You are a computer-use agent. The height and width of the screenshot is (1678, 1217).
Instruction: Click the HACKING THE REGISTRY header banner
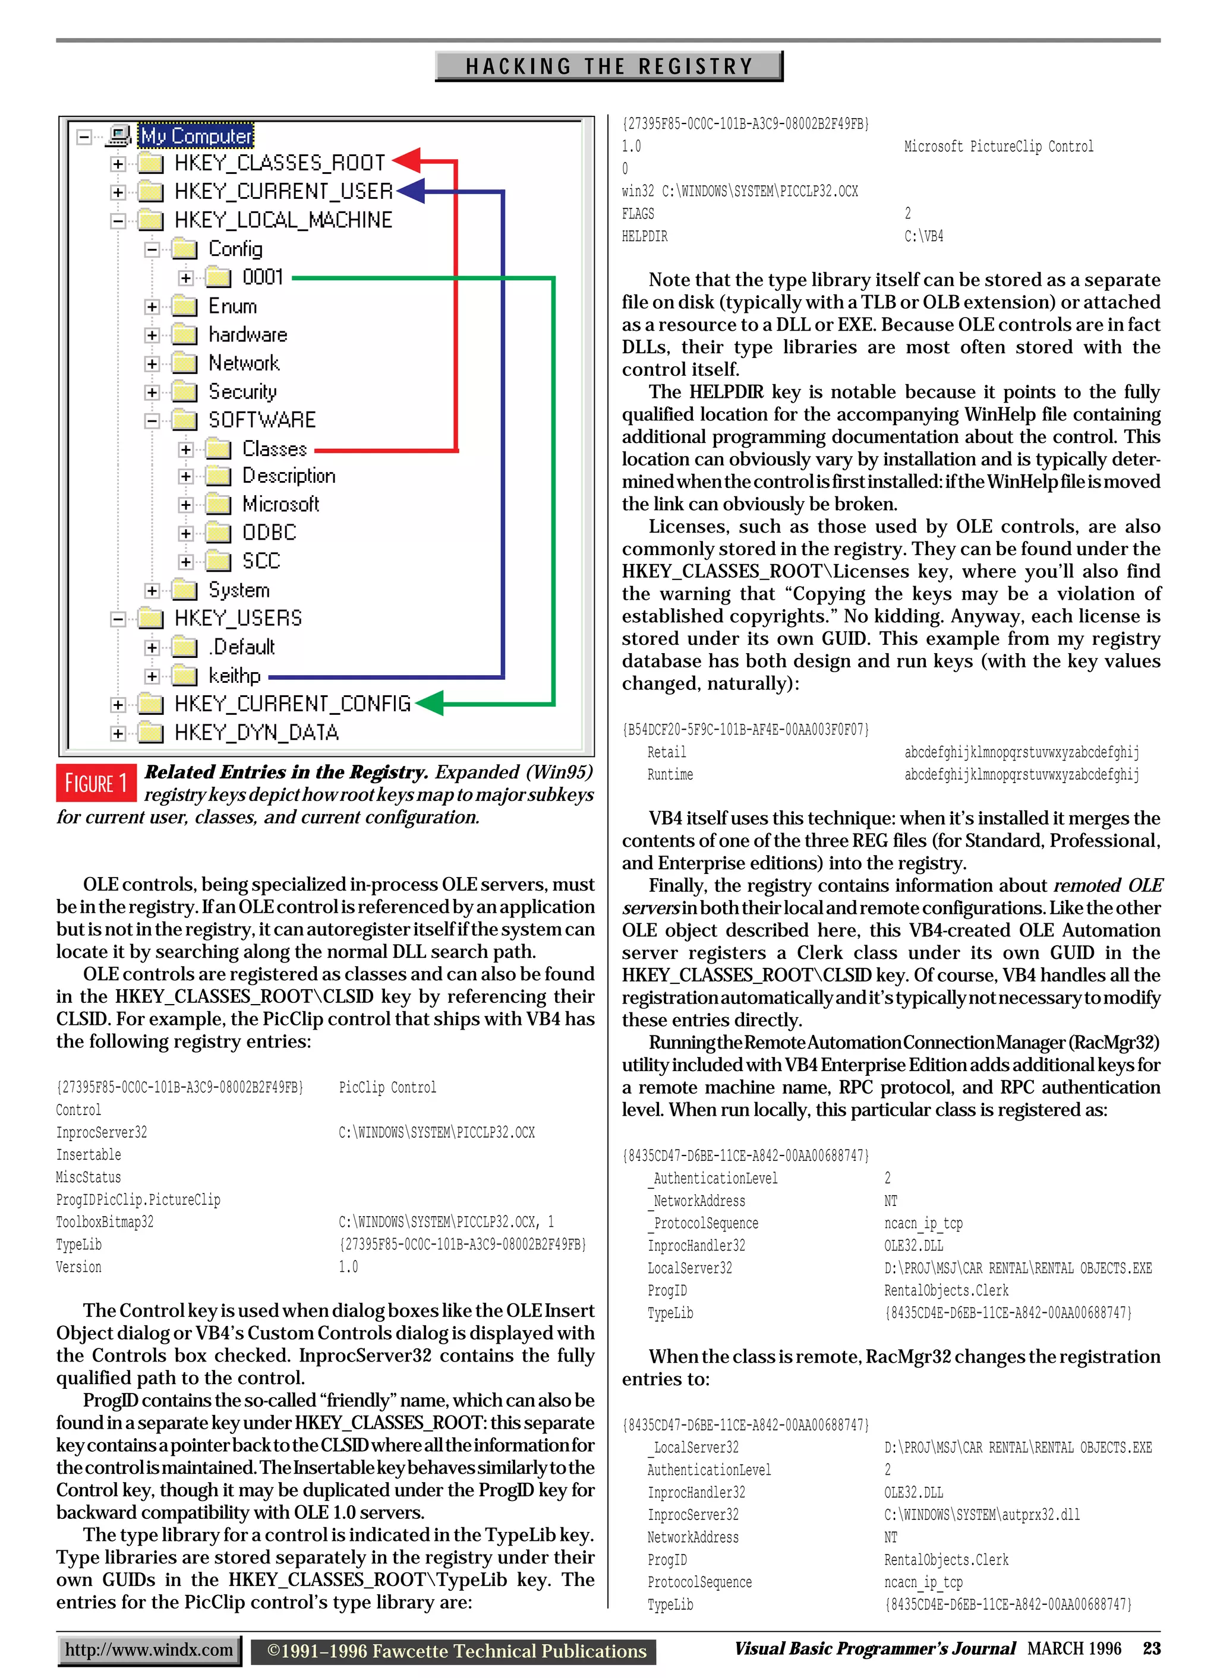click(608, 67)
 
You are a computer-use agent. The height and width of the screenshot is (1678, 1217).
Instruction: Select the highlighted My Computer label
click(196, 136)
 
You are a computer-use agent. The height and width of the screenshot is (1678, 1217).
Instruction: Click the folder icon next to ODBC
click(217, 533)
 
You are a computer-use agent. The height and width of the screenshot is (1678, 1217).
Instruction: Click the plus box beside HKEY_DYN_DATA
click(118, 733)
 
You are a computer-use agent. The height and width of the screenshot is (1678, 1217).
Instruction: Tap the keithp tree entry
click(234, 676)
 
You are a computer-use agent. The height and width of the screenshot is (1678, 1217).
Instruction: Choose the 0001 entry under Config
click(263, 277)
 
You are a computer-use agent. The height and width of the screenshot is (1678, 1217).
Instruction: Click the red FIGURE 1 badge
click(96, 783)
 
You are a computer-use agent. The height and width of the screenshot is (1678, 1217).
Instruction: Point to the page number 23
click(1151, 1648)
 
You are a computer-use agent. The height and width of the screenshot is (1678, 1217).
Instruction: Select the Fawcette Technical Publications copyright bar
click(454, 1651)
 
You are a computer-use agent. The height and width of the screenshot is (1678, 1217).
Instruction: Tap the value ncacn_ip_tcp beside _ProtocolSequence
click(922, 1223)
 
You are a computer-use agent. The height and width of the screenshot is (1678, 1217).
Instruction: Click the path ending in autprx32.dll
click(981, 1515)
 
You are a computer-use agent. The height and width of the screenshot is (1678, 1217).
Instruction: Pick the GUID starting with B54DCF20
click(745, 730)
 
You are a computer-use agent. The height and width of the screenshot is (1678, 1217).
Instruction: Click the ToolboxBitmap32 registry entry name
click(105, 1221)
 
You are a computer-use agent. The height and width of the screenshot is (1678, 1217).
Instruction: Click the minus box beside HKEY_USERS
click(118, 619)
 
